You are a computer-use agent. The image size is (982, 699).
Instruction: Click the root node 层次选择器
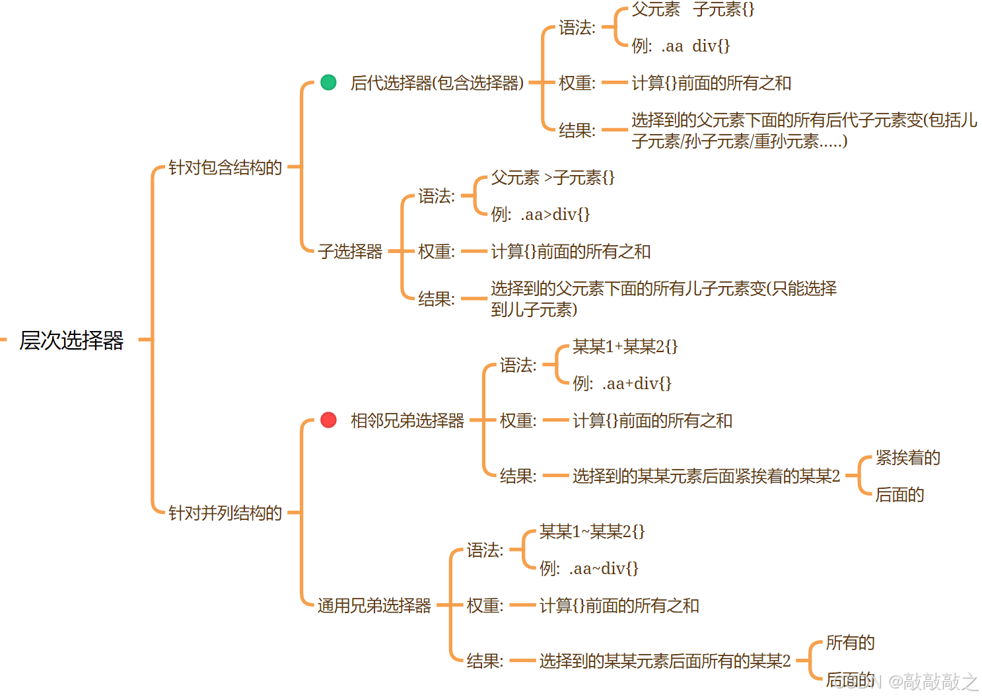click(x=71, y=340)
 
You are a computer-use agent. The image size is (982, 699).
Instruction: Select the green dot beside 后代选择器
click(x=328, y=83)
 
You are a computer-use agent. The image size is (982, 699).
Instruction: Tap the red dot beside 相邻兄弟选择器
click(x=328, y=420)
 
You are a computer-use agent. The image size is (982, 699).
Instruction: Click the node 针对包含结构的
click(x=225, y=168)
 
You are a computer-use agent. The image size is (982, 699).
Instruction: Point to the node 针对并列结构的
click(x=225, y=513)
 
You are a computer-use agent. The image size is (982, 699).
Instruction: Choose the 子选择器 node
click(x=350, y=252)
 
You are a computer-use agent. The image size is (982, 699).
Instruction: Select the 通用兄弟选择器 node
click(x=374, y=605)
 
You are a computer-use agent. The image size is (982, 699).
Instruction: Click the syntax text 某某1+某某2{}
click(x=625, y=347)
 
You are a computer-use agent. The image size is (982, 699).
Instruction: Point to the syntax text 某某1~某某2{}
click(x=592, y=532)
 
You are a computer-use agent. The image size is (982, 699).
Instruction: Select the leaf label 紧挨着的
click(x=907, y=458)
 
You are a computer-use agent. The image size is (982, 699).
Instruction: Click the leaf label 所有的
click(x=850, y=643)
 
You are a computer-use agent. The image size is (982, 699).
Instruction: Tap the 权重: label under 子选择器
click(x=436, y=252)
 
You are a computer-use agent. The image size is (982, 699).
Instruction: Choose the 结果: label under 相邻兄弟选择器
click(x=518, y=476)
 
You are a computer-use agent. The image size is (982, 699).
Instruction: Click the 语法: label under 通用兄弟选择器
click(x=485, y=550)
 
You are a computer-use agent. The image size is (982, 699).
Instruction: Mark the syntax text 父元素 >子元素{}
click(x=553, y=178)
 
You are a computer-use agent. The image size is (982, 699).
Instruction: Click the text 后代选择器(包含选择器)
click(x=437, y=83)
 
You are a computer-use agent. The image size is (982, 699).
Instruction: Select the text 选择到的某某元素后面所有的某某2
click(x=664, y=661)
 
